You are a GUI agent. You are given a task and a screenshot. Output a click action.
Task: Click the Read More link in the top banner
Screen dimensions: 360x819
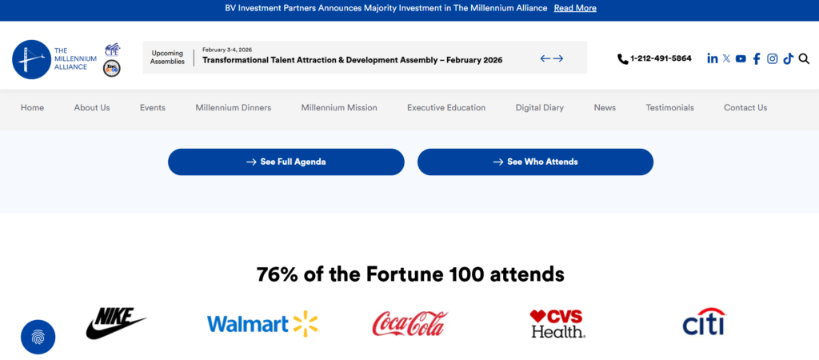pyautogui.click(x=575, y=8)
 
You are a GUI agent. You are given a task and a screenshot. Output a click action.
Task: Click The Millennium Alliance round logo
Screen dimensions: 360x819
pyautogui.click(x=32, y=59)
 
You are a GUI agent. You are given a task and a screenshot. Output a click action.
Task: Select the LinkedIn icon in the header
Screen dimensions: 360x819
pyautogui.click(x=713, y=58)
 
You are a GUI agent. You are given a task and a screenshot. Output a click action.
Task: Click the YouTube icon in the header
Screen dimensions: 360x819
pyautogui.click(x=741, y=58)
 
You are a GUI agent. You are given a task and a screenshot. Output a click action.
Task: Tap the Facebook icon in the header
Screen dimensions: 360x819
pyautogui.click(x=757, y=58)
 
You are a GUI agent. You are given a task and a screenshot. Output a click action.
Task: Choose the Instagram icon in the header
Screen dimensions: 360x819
pyautogui.click(x=773, y=58)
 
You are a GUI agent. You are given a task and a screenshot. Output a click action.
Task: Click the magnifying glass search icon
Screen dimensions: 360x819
pyautogui.click(x=804, y=58)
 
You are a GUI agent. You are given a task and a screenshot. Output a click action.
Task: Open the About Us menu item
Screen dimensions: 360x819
pyautogui.click(x=92, y=108)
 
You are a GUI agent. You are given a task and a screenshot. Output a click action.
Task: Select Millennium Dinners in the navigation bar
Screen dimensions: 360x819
pyautogui.click(x=234, y=108)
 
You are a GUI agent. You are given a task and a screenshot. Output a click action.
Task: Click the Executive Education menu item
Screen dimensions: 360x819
pyautogui.click(x=446, y=108)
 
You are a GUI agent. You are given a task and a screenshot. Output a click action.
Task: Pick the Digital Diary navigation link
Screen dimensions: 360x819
pyautogui.click(x=540, y=108)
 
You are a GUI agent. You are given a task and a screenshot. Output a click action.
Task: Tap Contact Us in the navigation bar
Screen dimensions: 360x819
pyautogui.click(x=745, y=108)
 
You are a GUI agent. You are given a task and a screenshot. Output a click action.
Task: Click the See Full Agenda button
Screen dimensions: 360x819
pyautogui.click(x=286, y=162)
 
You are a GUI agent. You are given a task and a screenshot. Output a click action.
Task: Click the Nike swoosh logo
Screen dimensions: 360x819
pyautogui.click(x=115, y=322)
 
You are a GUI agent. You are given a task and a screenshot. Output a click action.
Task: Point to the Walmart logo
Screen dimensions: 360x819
pyautogui.click(x=262, y=323)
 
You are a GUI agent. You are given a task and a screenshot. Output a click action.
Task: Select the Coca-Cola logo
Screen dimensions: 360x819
pyautogui.click(x=409, y=323)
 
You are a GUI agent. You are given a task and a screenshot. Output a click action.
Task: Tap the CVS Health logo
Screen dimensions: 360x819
pyautogui.click(x=557, y=323)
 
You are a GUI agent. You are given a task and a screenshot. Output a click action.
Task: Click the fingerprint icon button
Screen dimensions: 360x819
pyautogui.click(x=38, y=337)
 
